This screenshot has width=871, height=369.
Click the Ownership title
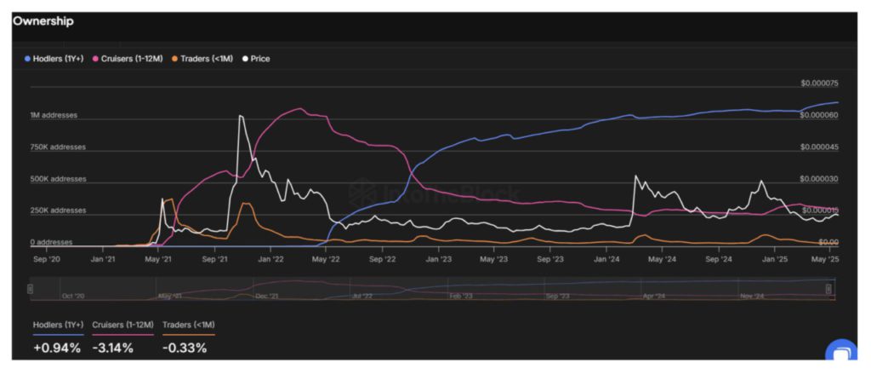(43, 21)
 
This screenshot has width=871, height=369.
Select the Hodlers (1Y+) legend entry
(54, 59)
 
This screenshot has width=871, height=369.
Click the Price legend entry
(257, 59)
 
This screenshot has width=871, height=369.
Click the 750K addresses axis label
(58, 147)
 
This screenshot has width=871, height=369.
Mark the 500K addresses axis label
(58, 179)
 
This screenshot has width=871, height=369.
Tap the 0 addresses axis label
(53, 243)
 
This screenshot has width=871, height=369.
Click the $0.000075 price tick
(819, 84)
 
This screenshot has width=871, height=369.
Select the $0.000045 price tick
(819, 147)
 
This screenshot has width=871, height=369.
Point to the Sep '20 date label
(46, 257)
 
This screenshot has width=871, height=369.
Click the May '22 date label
(326, 257)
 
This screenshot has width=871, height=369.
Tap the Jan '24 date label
(606, 257)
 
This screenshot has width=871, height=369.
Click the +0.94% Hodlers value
(57, 348)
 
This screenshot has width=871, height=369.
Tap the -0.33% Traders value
(185, 348)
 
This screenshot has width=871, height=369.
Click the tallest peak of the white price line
(241, 116)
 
